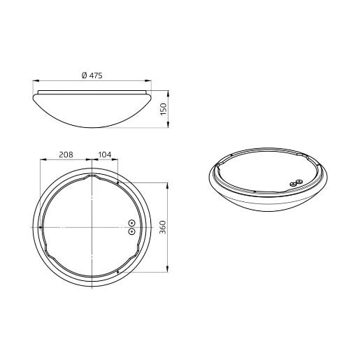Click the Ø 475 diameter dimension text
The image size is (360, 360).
point(92,75)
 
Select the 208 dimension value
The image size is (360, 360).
point(67,154)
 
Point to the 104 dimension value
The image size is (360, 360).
point(105,154)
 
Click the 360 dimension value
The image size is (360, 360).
point(163,228)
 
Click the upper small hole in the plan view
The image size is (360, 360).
point(132,224)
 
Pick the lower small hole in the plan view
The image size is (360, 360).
point(132,231)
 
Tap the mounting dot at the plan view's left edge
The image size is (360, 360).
point(42,227)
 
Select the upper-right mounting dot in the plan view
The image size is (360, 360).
point(120,184)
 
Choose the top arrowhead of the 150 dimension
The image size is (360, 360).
point(168,89)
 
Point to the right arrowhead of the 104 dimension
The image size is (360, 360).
point(117,160)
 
